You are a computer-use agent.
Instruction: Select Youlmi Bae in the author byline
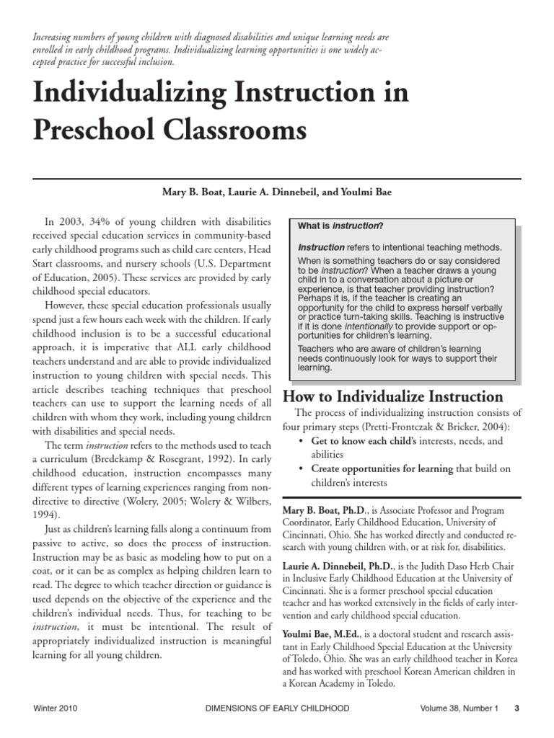(369, 193)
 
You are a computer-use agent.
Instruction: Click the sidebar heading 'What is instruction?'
(340, 226)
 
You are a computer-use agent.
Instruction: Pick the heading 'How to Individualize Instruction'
(392, 396)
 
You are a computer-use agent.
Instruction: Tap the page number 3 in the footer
(516, 708)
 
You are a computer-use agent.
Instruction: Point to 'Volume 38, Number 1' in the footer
(460, 708)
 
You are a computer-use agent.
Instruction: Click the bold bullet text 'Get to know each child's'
(364, 440)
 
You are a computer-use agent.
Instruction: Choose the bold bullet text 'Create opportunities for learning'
(382, 468)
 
